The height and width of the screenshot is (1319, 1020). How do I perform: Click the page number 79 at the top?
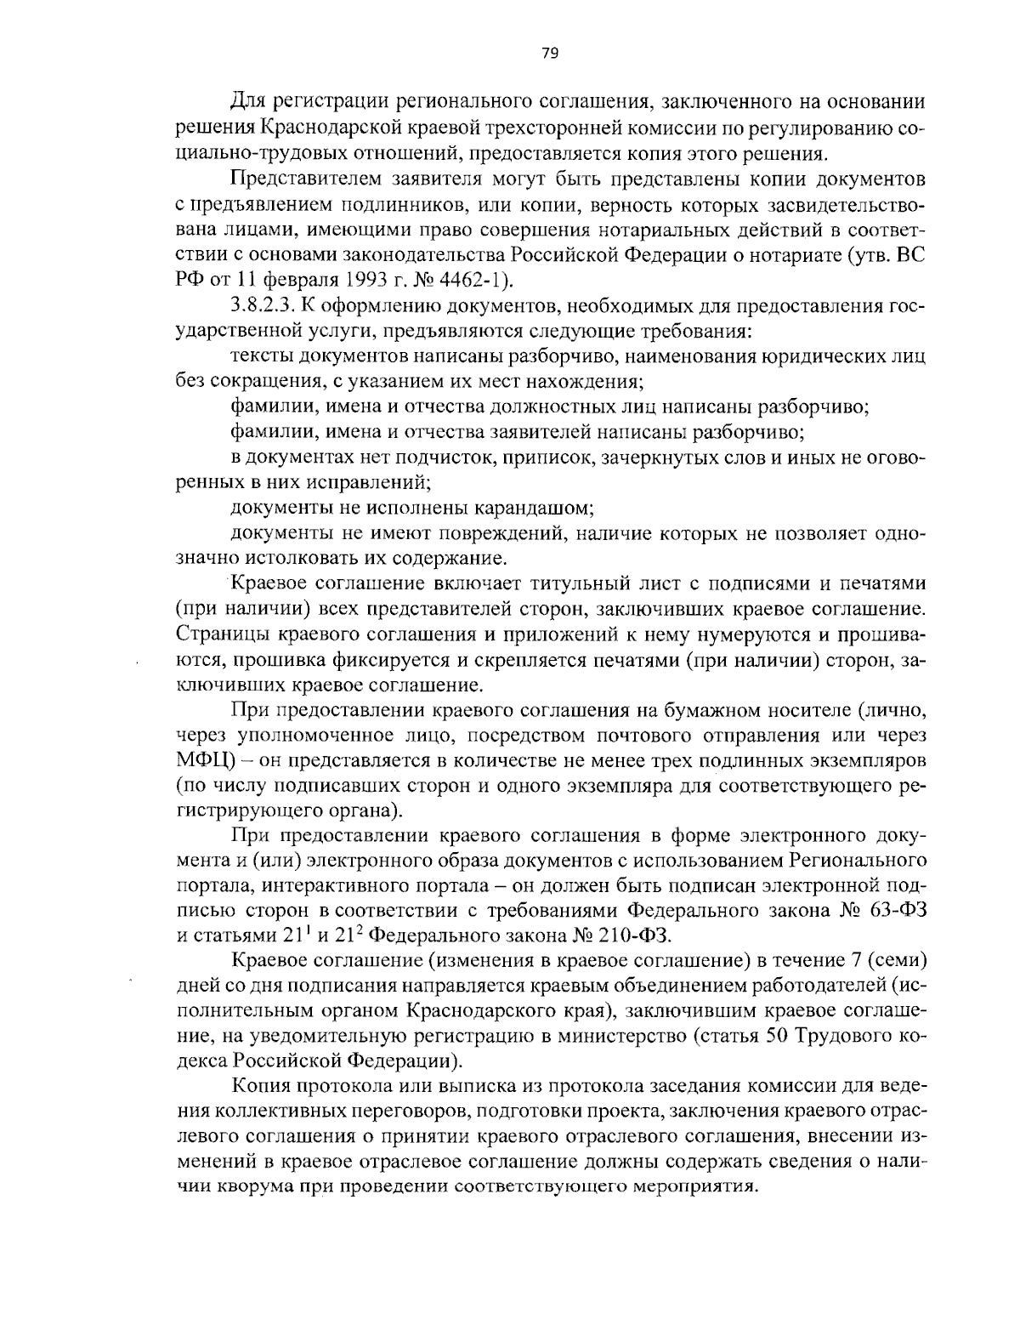[x=548, y=54]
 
